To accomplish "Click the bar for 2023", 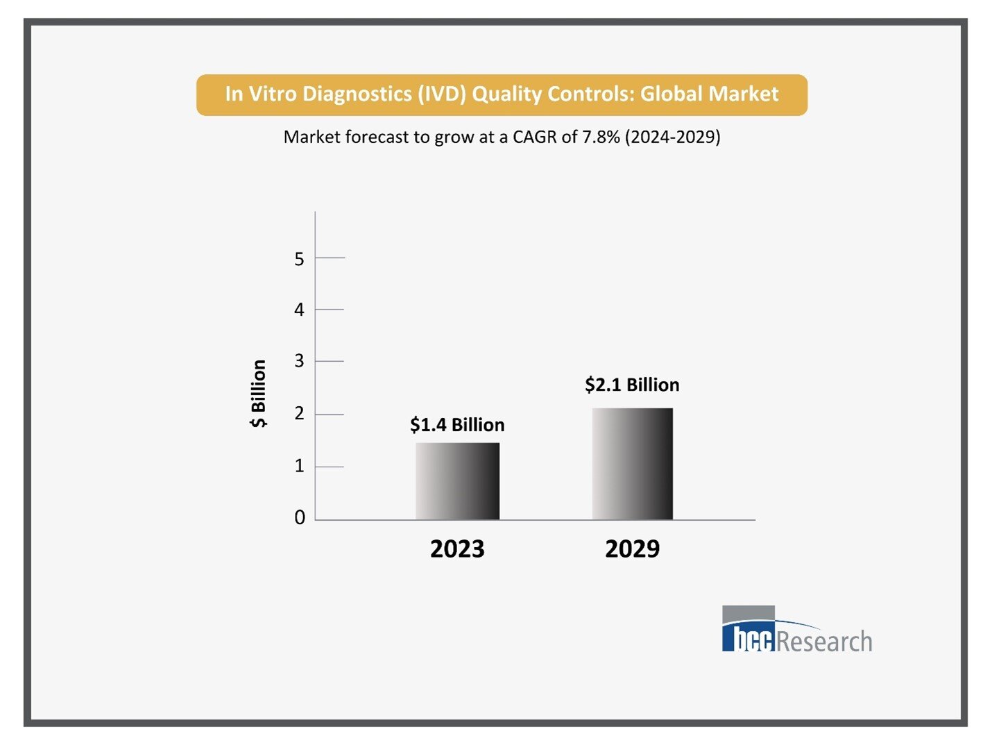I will click(457, 481).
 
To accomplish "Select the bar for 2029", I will click(632, 464).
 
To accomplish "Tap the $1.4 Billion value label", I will click(457, 425).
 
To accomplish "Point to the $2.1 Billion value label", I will click(632, 385).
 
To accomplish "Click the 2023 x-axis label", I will click(457, 549).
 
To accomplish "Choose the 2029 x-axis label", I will click(632, 549).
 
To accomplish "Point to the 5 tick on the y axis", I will click(299, 259).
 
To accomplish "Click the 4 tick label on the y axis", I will click(299, 310).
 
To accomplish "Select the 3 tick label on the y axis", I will click(299, 361).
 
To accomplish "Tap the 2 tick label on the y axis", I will click(299, 414).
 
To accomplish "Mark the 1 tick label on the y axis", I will click(299, 466).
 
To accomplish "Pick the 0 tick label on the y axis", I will click(299, 517).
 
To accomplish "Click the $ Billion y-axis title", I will click(258, 394).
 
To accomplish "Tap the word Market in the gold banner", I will click(746, 94).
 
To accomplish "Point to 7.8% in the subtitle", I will click(601, 137).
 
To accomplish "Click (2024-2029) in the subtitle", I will click(673, 137).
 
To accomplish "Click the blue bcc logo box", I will click(748, 635).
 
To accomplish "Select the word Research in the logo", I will click(824, 641).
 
